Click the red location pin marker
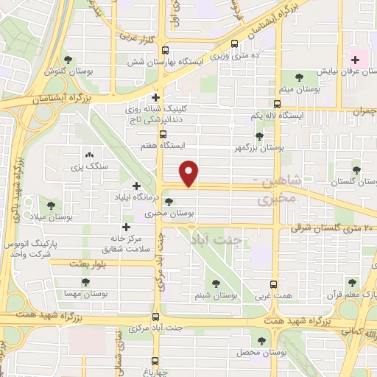tap(189, 174)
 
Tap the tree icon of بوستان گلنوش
tap(68, 60)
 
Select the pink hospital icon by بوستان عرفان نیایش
tap(356, 60)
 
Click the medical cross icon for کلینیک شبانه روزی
tap(155, 97)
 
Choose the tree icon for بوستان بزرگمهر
tap(258, 135)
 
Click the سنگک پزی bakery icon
tap(90, 155)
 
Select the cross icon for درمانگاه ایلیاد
tap(135, 186)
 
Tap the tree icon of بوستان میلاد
tap(51, 206)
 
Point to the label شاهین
tap(280, 181)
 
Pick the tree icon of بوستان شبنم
tap(216, 284)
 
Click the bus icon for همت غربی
tap(274, 284)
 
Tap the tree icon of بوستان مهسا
tap(86, 281)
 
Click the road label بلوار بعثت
tap(89, 263)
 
